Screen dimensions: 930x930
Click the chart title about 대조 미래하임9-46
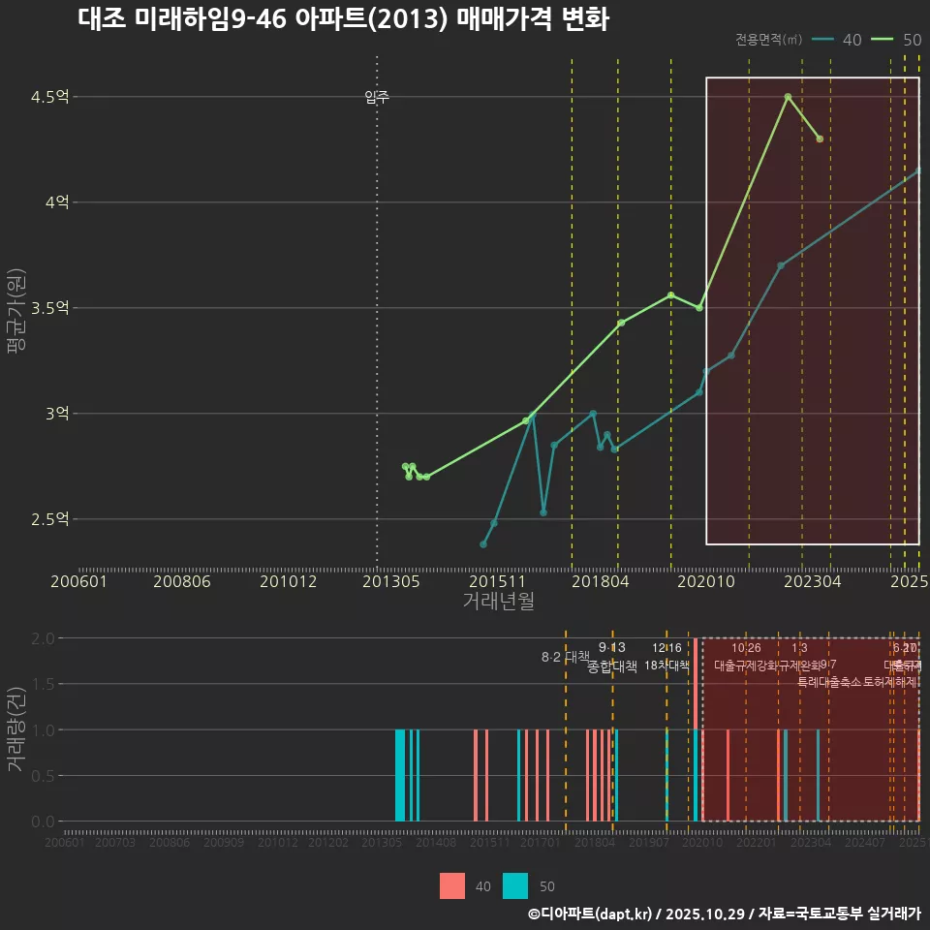343,19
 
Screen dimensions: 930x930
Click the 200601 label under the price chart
78,581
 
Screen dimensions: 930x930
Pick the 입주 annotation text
377,97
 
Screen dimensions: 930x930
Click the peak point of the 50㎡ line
788,97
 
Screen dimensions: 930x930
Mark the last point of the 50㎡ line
820,139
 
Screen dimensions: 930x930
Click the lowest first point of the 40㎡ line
483,544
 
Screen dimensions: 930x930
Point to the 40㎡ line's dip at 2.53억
543,512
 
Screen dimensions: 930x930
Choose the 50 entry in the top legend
897,40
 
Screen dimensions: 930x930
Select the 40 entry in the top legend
838,40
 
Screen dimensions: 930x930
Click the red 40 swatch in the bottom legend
452,885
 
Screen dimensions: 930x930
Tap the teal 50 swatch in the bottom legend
516,885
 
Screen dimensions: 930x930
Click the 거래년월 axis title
498,602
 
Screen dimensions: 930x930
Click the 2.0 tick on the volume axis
43,638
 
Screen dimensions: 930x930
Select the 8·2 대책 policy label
565,657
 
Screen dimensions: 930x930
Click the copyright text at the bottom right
724,914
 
